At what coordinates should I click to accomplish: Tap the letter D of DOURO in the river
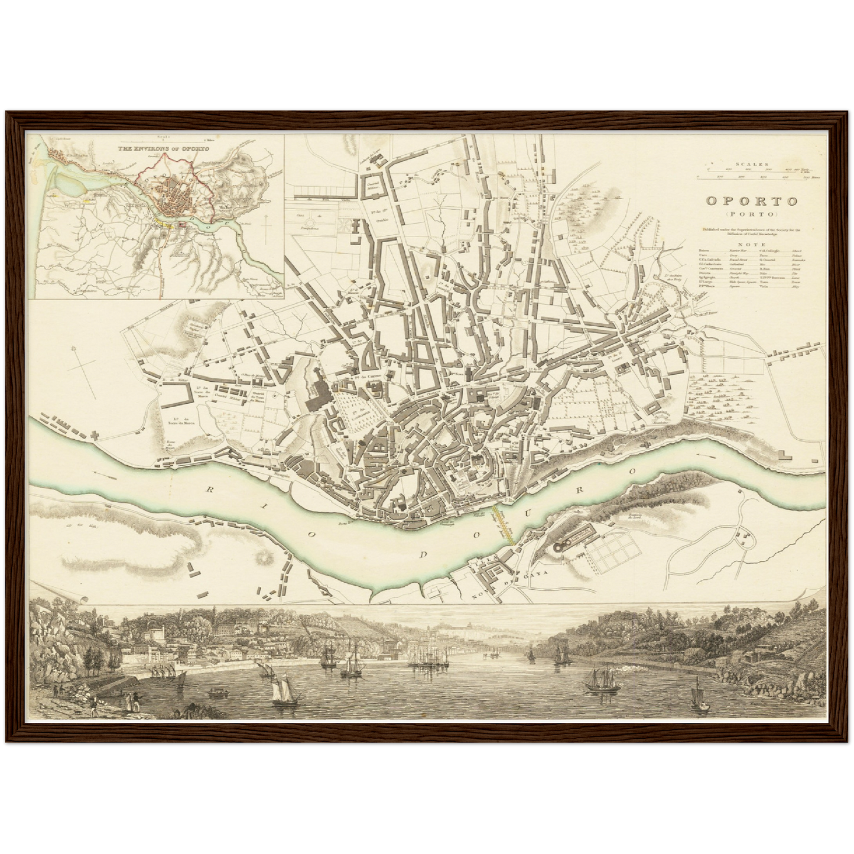tap(424, 554)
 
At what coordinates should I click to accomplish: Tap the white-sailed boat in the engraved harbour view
tap(282, 694)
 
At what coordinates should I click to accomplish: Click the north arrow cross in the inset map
tap(266, 225)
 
